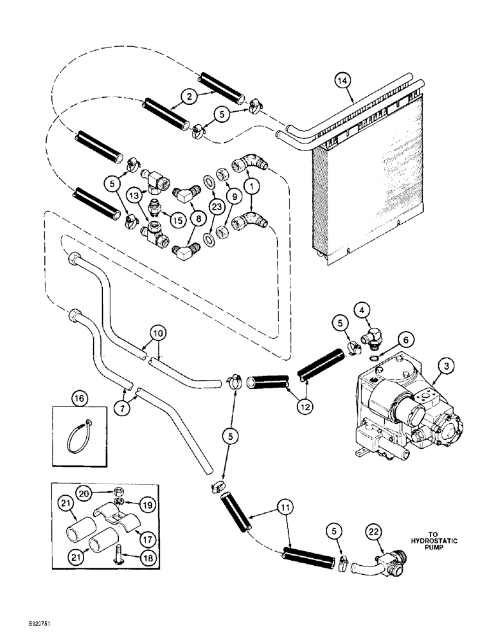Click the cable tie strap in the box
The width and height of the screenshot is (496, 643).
pos(76,438)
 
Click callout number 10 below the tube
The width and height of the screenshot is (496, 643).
pos(157,332)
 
